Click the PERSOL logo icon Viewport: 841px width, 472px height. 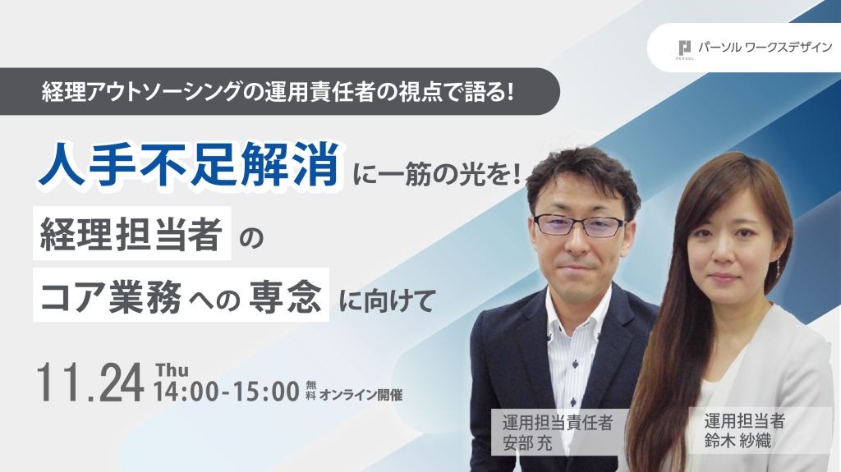684,49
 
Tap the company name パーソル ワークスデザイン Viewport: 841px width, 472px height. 765,48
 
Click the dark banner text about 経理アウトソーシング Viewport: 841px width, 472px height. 278,92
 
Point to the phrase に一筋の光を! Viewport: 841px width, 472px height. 437,175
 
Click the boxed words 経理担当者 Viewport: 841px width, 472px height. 131,234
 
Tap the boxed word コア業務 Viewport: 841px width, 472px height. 111,296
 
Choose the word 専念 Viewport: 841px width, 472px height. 285,296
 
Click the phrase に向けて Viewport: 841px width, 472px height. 386,300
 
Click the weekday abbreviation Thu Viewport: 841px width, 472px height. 172,370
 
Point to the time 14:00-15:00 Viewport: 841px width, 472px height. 227,392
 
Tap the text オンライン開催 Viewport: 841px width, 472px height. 361,395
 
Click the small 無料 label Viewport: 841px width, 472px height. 310,391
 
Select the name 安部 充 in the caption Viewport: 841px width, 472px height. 528,443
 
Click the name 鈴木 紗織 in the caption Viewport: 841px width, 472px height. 738,441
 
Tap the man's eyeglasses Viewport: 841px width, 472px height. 579,225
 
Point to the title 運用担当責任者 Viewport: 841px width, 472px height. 558,423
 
